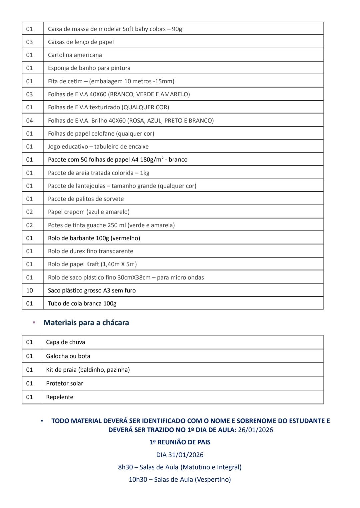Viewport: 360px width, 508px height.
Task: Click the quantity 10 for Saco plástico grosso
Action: (x=30, y=290)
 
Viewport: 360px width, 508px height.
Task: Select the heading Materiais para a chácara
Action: (x=86, y=322)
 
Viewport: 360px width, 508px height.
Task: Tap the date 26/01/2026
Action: (x=255, y=430)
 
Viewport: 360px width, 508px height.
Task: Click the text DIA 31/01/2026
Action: (x=180, y=455)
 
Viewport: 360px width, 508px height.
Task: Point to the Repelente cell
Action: (x=60, y=397)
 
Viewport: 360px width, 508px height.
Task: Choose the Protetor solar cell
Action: (x=65, y=383)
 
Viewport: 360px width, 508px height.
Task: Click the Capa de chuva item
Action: (x=66, y=342)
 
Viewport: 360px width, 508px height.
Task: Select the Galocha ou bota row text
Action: (x=68, y=356)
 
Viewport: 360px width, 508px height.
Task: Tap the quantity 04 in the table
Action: (x=30, y=121)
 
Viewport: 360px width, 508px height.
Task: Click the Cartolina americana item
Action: (x=75, y=55)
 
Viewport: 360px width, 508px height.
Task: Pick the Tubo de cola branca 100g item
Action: (x=82, y=303)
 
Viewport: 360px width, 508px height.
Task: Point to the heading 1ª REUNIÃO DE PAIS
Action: (x=180, y=442)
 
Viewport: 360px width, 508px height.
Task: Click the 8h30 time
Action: (x=125, y=467)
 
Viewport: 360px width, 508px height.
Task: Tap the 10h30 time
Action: (x=138, y=479)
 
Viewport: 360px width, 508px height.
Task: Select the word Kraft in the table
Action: (x=92, y=264)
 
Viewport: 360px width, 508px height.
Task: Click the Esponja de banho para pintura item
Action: (x=89, y=68)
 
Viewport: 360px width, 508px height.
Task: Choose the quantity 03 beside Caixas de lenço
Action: (x=30, y=42)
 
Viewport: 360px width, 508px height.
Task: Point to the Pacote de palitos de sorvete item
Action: (x=86, y=199)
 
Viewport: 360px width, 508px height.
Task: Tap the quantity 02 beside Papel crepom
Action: (x=30, y=212)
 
